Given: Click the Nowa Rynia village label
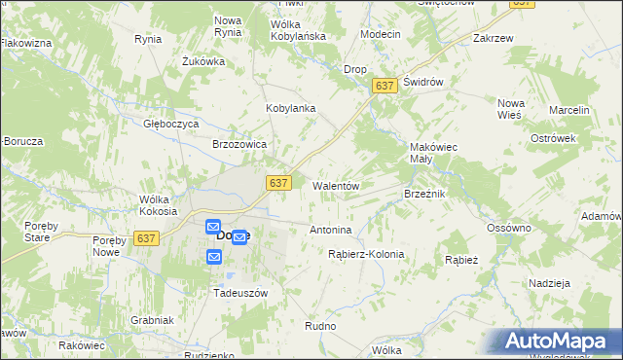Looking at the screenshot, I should pos(228,26).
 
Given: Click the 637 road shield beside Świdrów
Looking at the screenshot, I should pos(385,87).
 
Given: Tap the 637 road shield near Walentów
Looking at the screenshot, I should pos(278,183).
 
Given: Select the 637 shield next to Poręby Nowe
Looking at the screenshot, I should pos(147,238).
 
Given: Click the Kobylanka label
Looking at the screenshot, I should pos(291,108).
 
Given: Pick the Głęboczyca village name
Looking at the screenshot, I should pos(171,125).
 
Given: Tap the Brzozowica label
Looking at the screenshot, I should pos(239,144).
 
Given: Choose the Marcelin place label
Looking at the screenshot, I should pos(569,111).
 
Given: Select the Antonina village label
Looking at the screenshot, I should pos(330,231).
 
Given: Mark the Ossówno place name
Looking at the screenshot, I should pos(509,228).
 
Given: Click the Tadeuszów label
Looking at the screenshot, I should pos(240,292).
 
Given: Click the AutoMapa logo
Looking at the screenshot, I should pos(561,341).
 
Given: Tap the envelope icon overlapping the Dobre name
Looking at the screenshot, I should pos(238,237).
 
